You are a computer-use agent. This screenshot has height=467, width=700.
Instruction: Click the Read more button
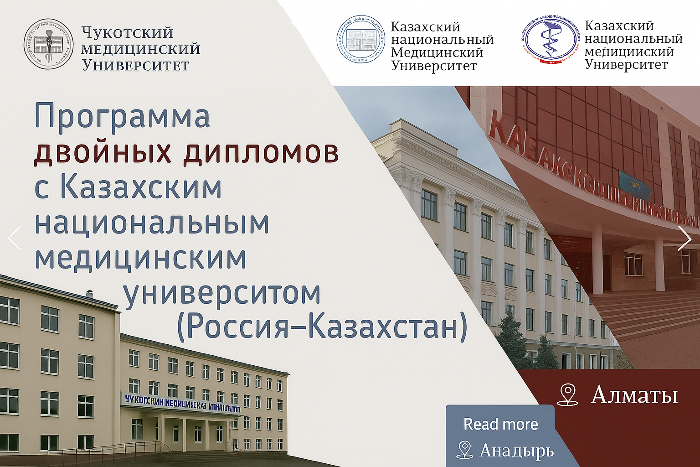500,424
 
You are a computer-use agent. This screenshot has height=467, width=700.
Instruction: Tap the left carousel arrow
15,238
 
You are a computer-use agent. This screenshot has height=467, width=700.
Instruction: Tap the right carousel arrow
684,238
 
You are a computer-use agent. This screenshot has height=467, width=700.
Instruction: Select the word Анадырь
517,451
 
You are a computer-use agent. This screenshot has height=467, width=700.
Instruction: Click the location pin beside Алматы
568,394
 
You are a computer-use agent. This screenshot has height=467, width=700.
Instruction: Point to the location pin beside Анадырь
464,450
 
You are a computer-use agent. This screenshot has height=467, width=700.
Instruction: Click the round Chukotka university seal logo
48,44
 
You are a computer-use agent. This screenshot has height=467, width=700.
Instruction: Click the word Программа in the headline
122,117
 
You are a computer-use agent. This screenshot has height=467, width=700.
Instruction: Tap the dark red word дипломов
261,153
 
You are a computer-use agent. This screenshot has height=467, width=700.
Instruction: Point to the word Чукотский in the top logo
127,33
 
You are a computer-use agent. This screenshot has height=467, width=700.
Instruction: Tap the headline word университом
222,293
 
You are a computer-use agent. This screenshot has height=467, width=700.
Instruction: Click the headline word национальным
152,223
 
